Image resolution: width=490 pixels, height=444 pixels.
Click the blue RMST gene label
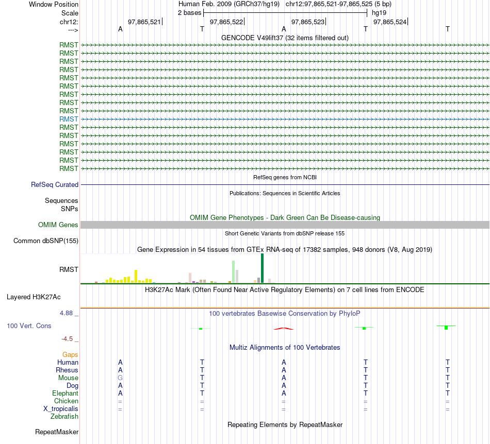[69, 119]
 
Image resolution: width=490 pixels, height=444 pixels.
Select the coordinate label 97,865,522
[226, 22]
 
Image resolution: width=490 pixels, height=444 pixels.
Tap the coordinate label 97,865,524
[390, 22]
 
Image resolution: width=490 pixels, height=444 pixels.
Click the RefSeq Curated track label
[55, 184]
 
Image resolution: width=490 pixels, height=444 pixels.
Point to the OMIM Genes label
[58, 225]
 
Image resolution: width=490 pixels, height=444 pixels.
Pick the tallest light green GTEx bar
[233, 271]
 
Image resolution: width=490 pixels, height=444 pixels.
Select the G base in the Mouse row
[120, 378]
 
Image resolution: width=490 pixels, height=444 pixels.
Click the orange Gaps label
[70, 354]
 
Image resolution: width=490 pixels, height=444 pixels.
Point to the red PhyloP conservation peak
[284, 328]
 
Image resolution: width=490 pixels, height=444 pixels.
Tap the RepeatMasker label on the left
[57, 432]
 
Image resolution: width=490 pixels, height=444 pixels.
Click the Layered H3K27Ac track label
[34, 297]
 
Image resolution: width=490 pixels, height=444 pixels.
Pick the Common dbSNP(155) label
[46, 241]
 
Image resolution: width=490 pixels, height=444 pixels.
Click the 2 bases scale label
[190, 12]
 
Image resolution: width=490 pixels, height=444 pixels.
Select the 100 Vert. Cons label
[29, 326]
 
